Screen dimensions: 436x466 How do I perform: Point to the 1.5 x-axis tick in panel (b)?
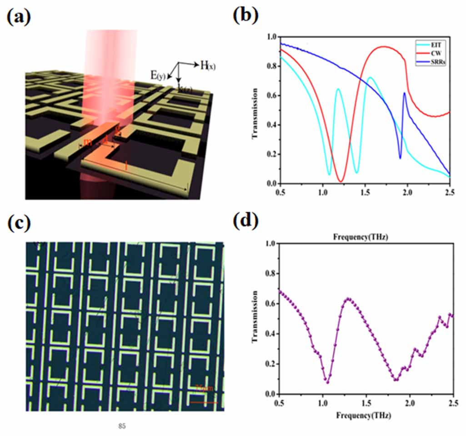365,193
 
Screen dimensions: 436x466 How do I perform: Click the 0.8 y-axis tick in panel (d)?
269,274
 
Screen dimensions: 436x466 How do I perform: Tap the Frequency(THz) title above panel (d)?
365,236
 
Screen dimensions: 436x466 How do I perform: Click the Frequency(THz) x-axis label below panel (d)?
365,416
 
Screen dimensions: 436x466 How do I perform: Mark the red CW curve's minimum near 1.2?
341,182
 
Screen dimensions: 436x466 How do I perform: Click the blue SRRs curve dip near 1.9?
400,157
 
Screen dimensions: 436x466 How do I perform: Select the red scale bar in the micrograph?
204,402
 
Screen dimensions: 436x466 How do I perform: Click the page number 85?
121,426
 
